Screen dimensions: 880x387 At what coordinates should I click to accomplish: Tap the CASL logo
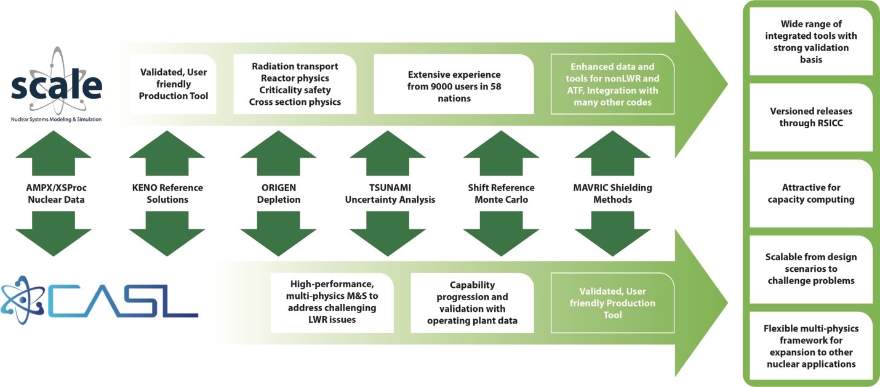[100, 300]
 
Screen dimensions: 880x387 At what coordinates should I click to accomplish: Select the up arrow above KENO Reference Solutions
[167, 153]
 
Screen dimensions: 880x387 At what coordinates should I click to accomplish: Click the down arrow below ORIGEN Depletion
[278, 234]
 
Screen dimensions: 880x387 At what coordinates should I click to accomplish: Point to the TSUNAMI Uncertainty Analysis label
[390, 193]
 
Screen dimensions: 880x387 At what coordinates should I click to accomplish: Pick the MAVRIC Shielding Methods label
[612, 193]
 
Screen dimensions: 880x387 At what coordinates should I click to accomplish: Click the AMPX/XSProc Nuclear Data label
[56, 193]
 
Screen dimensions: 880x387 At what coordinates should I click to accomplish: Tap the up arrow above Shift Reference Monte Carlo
[501, 153]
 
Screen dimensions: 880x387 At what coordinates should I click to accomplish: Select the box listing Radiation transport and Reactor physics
[295, 84]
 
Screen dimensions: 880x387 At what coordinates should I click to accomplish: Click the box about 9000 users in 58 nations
[454, 84]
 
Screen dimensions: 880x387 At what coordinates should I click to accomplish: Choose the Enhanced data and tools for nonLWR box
[612, 84]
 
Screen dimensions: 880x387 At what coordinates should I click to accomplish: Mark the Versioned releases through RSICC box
[811, 117]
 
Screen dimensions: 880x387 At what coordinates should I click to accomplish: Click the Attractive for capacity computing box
[811, 193]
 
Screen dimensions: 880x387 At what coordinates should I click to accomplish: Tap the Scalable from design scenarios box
[811, 269]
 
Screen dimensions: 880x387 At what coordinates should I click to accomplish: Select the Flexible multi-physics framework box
[811, 346]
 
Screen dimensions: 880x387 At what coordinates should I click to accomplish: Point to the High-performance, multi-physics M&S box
[332, 303]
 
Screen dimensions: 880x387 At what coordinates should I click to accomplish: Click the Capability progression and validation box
[472, 303]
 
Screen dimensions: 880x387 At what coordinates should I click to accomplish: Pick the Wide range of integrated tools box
[811, 41]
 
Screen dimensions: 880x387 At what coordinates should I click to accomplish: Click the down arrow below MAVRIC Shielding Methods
[612, 234]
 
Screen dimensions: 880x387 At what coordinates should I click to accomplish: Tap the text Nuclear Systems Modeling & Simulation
[56, 119]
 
